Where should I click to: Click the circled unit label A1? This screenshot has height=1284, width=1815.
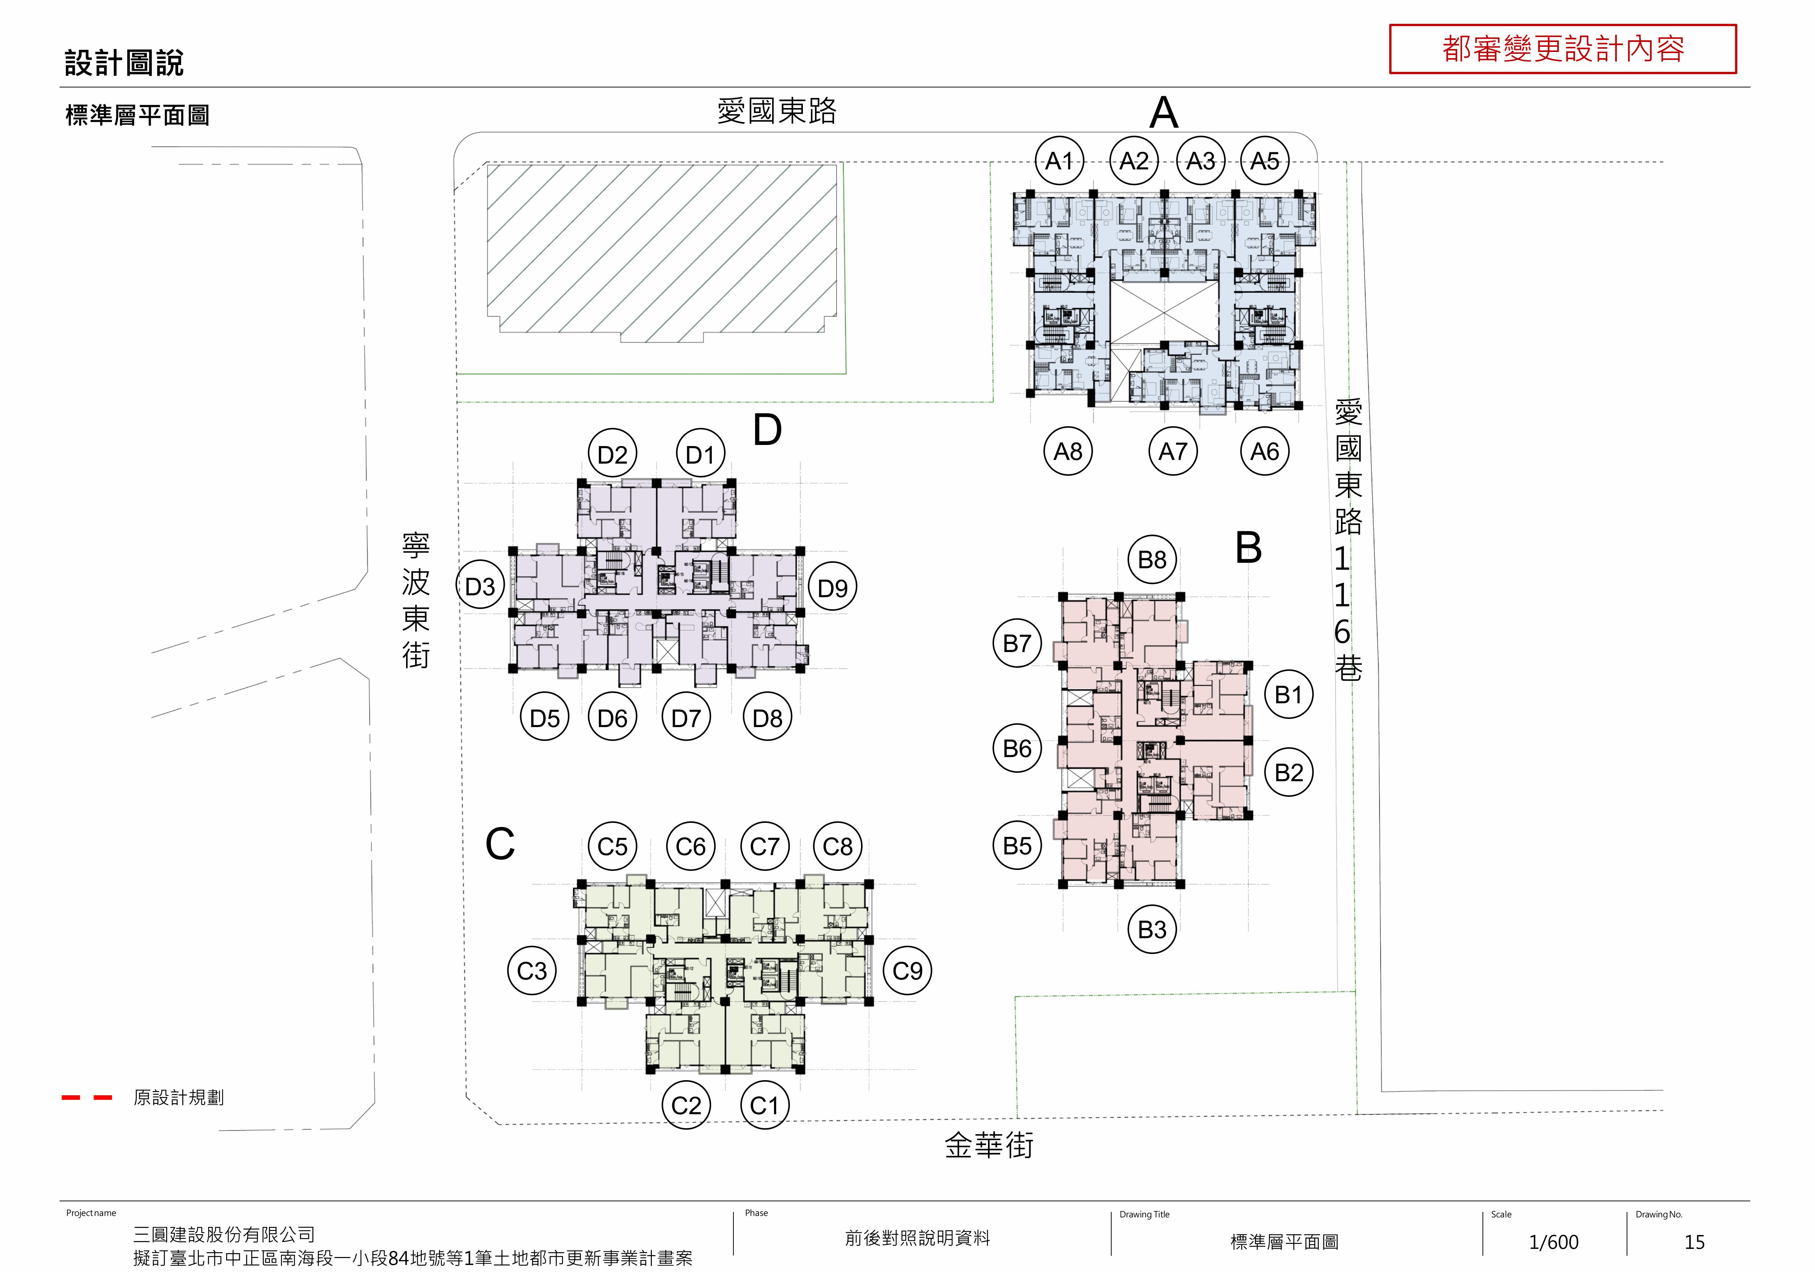tap(1059, 161)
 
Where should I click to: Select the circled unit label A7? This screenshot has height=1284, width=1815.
tap(1173, 452)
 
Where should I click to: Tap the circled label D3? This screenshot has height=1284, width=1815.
tap(480, 587)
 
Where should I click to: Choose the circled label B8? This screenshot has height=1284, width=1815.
tap(1152, 560)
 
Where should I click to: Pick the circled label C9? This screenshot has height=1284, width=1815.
tap(907, 971)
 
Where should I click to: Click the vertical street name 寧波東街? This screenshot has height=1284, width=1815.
tap(416, 601)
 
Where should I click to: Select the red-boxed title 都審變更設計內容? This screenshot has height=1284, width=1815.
tap(1563, 49)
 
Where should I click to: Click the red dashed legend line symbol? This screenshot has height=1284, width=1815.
tap(87, 1097)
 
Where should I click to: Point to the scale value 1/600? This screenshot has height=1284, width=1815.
tap(1553, 1242)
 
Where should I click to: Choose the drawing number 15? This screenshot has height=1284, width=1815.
tap(1694, 1242)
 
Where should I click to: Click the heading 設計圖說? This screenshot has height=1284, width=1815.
tap(124, 63)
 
